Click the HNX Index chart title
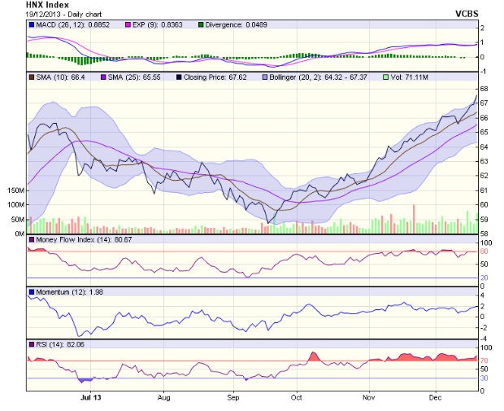tap(46, 5)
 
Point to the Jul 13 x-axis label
tap(90, 399)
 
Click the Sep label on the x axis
tap(233, 399)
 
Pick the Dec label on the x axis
tap(436, 399)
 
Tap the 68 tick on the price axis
tap(483, 89)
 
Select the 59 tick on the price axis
tap(483, 219)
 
